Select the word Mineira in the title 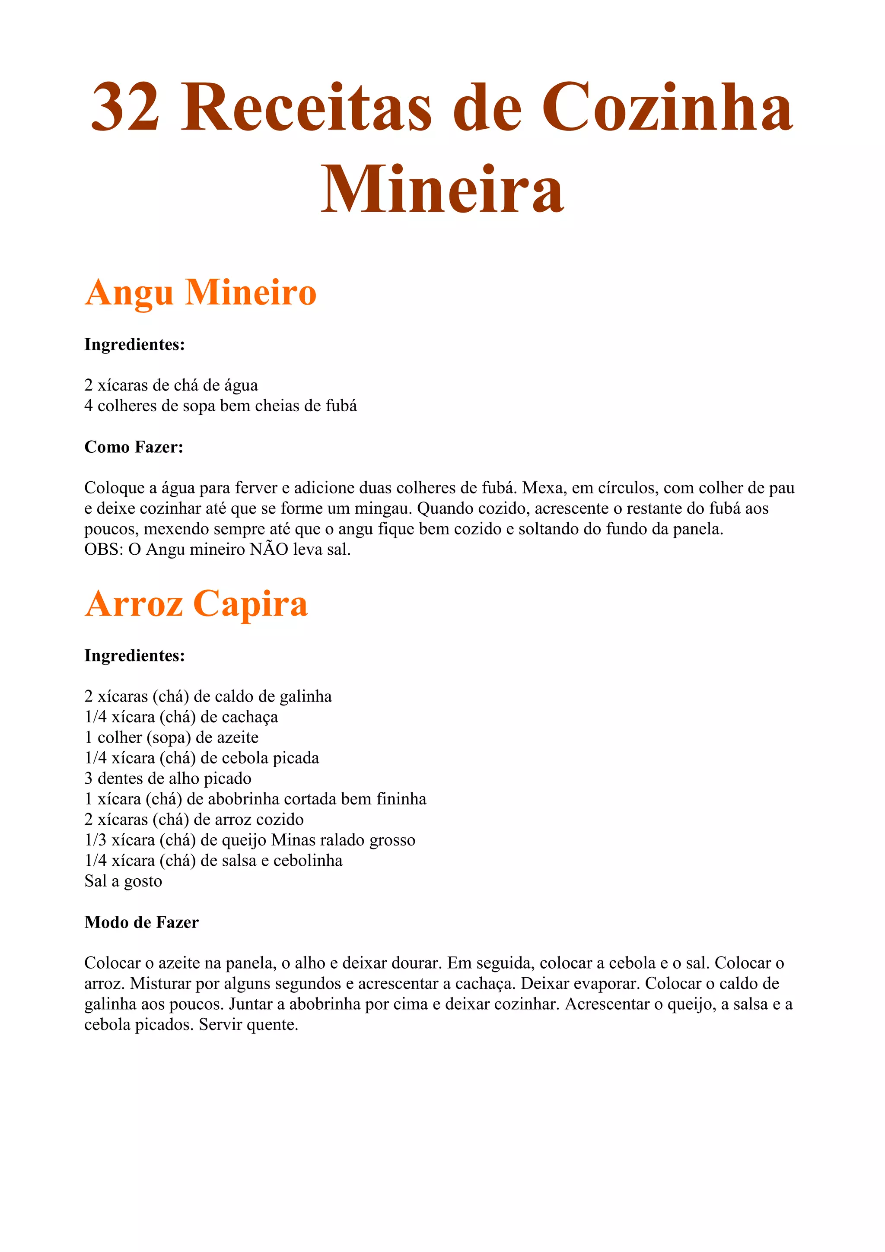tap(442, 189)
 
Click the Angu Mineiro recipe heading tap(200, 293)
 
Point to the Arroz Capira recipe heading tap(196, 604)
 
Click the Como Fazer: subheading tap(134, 447)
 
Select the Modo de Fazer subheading tap(141, 922)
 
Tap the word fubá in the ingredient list tap(341, 406)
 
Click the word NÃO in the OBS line tap(269, 549)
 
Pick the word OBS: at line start tap(104, 549)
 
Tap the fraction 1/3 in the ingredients tap(96, 840)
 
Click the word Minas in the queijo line tap(293, 840)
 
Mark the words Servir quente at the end tap(248, 1025)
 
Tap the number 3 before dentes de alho tap(88, 779)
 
